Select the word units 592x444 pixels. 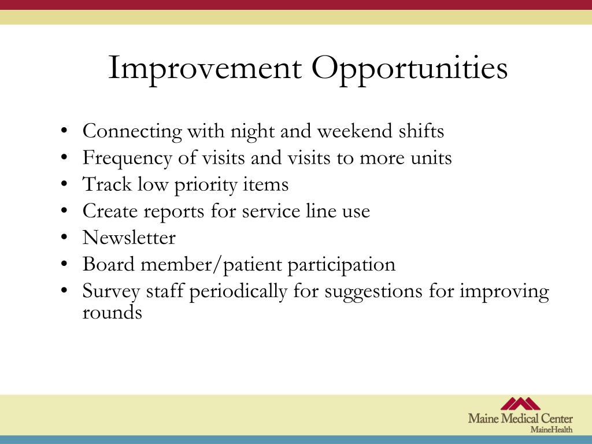431,158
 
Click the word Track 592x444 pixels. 107,184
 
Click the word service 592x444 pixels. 271,211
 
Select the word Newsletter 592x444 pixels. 129,238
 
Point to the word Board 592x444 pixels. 109,264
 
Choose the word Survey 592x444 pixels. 112,292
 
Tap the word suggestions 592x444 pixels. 373,292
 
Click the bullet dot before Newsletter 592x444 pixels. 64,238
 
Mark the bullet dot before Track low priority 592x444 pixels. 64,184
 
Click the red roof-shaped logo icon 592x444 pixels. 520,404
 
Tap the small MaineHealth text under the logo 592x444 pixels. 551,430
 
